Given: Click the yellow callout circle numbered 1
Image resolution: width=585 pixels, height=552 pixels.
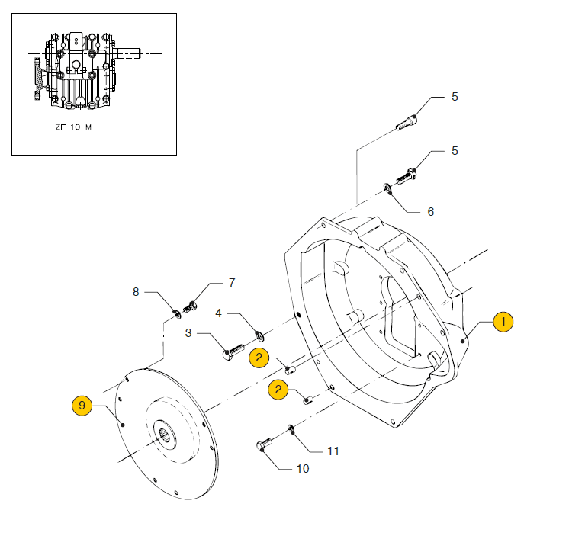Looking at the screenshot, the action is point(503,322).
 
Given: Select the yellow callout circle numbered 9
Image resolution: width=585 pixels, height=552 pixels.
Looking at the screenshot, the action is point(82,406).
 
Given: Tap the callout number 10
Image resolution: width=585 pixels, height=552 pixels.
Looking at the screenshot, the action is point(303,468).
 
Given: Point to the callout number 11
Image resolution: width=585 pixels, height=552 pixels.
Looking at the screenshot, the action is point(333,451).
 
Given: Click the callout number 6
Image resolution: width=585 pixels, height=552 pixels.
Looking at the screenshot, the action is point(430,212).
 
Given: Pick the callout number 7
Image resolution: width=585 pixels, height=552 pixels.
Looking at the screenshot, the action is point(232,283).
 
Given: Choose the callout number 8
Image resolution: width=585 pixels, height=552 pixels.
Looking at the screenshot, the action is point(136,292).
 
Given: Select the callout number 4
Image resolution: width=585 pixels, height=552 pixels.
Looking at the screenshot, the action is point(218,313).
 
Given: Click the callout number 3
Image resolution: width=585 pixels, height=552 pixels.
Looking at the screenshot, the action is point(188,332).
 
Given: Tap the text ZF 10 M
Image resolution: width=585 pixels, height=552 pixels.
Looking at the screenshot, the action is point(73,127).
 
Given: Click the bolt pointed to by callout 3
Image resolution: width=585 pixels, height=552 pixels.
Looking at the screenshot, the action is point(233,351).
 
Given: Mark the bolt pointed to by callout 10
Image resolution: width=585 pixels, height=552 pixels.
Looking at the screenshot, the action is point(264,444).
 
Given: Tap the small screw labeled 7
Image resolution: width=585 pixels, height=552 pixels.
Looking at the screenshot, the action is point(190,307).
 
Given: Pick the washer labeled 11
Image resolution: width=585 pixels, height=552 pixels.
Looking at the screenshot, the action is point(291,429).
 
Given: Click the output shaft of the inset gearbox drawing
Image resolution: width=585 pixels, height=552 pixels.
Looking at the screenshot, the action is point(127,53).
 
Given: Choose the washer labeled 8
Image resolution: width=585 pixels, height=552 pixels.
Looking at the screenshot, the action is point(177,314).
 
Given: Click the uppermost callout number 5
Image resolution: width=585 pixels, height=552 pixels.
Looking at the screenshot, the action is point(455,97).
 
